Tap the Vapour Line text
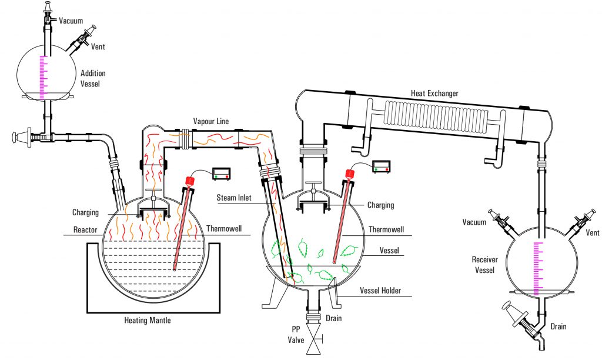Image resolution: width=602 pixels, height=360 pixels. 210,122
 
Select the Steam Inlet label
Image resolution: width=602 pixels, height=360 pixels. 234,198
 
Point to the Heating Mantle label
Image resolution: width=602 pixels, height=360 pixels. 148,321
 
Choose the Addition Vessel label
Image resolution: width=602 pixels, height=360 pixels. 93,78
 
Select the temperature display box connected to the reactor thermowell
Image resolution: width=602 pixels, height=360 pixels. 222,173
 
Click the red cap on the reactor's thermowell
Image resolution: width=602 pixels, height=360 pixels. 190,179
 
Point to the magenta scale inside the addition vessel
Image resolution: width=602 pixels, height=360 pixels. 42,76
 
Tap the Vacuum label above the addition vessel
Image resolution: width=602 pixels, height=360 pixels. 71,21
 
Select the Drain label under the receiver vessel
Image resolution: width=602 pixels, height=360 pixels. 558,326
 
